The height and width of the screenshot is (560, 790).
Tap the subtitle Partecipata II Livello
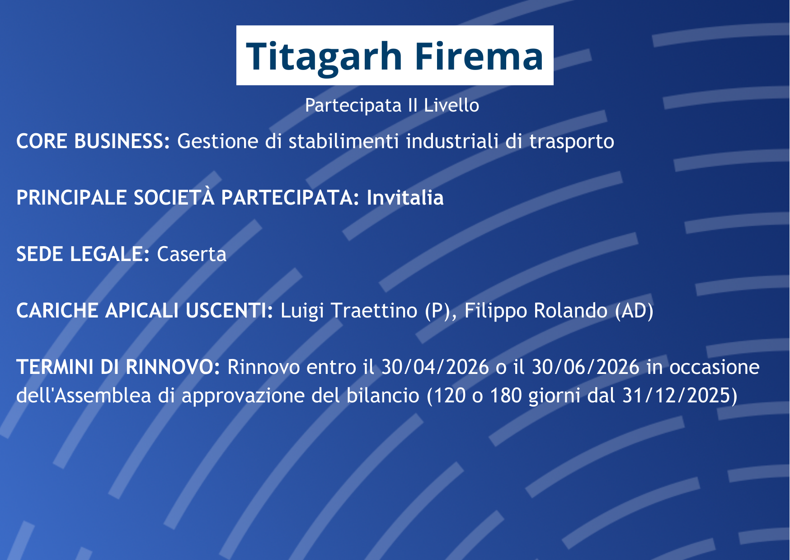(x=392, y=106)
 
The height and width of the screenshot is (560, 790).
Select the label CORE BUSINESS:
(x=93, y=141)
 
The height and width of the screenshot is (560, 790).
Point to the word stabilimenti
(x=344, y=141)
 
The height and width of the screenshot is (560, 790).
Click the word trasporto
(x=572, y=142)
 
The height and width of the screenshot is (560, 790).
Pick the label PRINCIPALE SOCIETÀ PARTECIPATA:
(x=188, y=197)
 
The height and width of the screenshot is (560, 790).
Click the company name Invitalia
(x=405, y=198)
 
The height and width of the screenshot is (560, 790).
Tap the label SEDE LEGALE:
(x=83, y=254)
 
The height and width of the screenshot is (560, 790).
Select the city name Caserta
(x=192, y=255)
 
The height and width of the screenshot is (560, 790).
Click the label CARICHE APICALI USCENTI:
(x=145, y=311)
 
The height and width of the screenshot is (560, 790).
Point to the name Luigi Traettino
(x=349, y=311)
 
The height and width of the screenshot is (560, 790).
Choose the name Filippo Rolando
(x=536, y=311)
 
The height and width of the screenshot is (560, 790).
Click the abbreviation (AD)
(x=635, y=311)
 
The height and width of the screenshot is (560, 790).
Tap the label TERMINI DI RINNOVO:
(x=118, y=367)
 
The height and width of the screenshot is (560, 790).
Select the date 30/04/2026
(x=435, y=367)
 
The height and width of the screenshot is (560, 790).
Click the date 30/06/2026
(x=586, y=367)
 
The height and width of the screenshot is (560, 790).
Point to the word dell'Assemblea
(x=84, y=396)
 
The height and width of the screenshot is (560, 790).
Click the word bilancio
(x=383, y=396)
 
